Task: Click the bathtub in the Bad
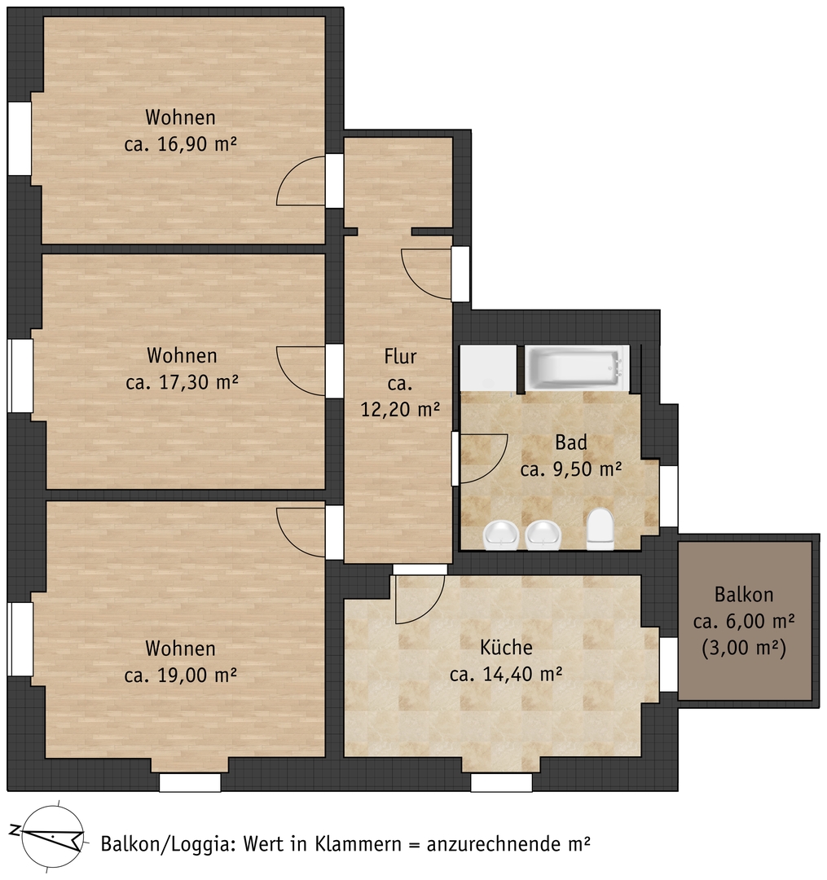(577, 368)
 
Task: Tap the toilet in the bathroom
(600, 528)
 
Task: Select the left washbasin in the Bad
(500, 535)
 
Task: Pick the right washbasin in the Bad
(543, 535)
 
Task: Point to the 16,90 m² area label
(180, 144)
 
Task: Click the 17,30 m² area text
(182, 382)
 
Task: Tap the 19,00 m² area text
(180, 675)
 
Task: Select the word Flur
(400, 356)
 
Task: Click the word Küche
(506, 647)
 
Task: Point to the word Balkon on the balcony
(744, 594)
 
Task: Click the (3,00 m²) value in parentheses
(744, 648)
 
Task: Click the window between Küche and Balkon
(668, 665)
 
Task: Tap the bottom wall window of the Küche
(501, 782)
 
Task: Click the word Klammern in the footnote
(357, 843)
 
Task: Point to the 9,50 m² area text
(570, 469)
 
